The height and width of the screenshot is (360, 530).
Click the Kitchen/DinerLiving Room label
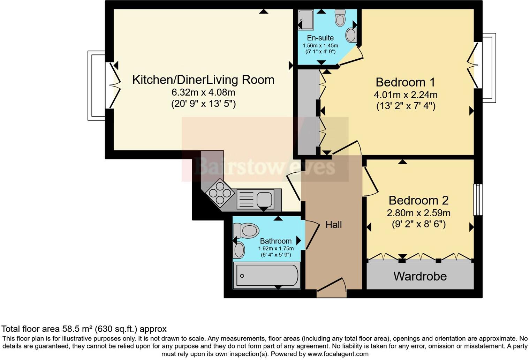[203, 80]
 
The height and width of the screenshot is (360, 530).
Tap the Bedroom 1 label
[405, 82]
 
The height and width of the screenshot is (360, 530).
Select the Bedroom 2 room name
[418, 201]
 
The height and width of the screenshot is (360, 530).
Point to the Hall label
[334, 225]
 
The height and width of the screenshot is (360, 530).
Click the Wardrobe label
[420, 276]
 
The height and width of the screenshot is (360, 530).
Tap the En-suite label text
[320, 38]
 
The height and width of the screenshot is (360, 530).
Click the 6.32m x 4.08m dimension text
[203, 92]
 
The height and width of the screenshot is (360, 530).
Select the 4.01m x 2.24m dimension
[406, 95]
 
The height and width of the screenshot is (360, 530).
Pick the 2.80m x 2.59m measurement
[418, 213]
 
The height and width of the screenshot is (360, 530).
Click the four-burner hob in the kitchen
[220, 193]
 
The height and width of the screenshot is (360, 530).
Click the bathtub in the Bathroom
[267, 275]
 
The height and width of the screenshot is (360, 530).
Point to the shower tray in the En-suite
[306, 20]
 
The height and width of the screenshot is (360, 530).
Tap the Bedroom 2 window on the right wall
[478, 200]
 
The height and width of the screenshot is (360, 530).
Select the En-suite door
[351, 56]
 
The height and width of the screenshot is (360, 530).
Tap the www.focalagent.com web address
[338, 354]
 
